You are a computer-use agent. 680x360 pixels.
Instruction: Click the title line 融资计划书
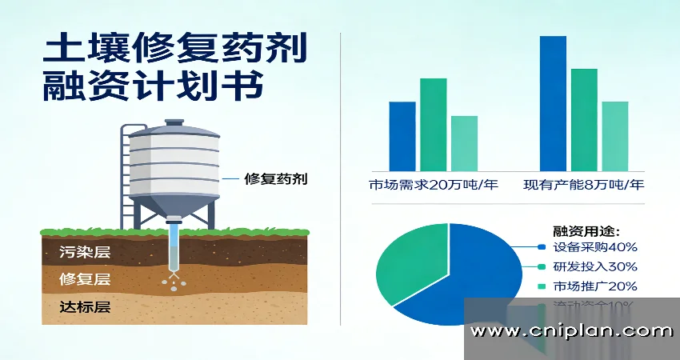152,87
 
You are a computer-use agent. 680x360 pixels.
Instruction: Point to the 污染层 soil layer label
84,253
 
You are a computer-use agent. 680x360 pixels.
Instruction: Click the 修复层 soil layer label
84,279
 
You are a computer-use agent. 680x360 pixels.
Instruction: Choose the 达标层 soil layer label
84,306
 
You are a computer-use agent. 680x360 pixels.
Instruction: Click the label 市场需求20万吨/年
433,186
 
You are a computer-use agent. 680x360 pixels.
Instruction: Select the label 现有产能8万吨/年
584,186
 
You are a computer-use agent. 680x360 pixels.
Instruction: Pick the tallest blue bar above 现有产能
553,103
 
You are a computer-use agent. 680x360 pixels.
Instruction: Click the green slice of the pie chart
408,260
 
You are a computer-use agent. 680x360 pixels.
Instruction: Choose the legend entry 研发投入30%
594,266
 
